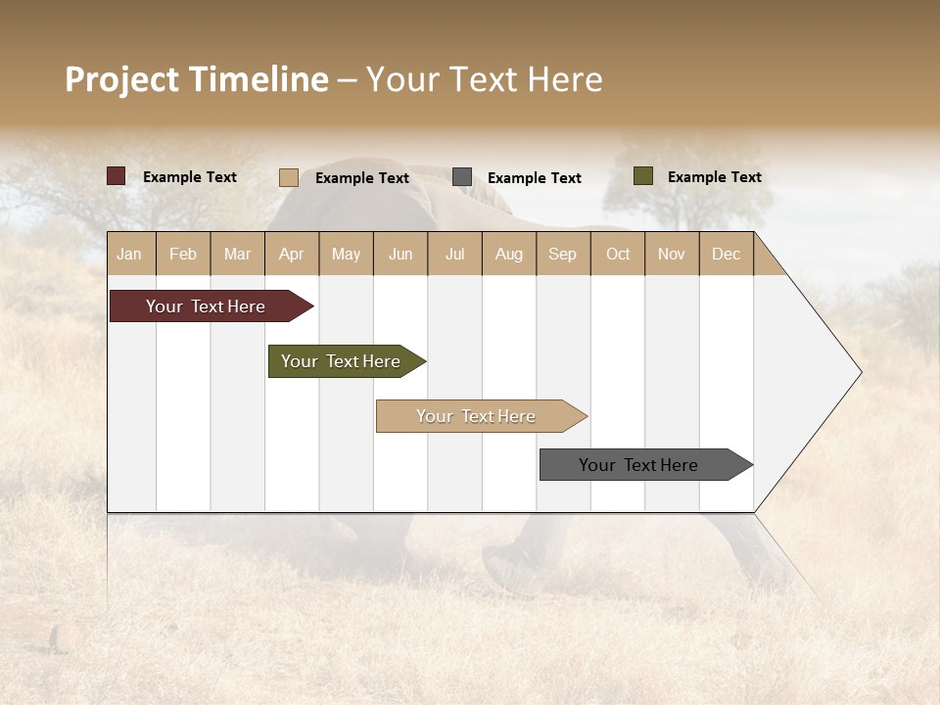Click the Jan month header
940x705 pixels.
(x=129, y=254)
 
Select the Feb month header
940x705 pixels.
(x=183, y=254)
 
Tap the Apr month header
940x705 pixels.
(x=291, y=254)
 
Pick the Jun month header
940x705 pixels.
(x=400, y=254)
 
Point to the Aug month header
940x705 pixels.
(x=508, y=254)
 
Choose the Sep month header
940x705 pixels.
(x=562, y=254)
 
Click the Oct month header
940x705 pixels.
(x=618, y=254)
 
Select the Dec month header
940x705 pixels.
(x=726, y=254)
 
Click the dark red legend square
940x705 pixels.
(x=116, y=176)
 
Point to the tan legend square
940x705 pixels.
(x=288, y=177)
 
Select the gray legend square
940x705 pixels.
(x=462, y=177)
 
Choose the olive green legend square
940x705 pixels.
(x=642, y=176)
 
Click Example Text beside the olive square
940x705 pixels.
(x=714, y=177)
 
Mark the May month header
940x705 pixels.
(x=346, y=254)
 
